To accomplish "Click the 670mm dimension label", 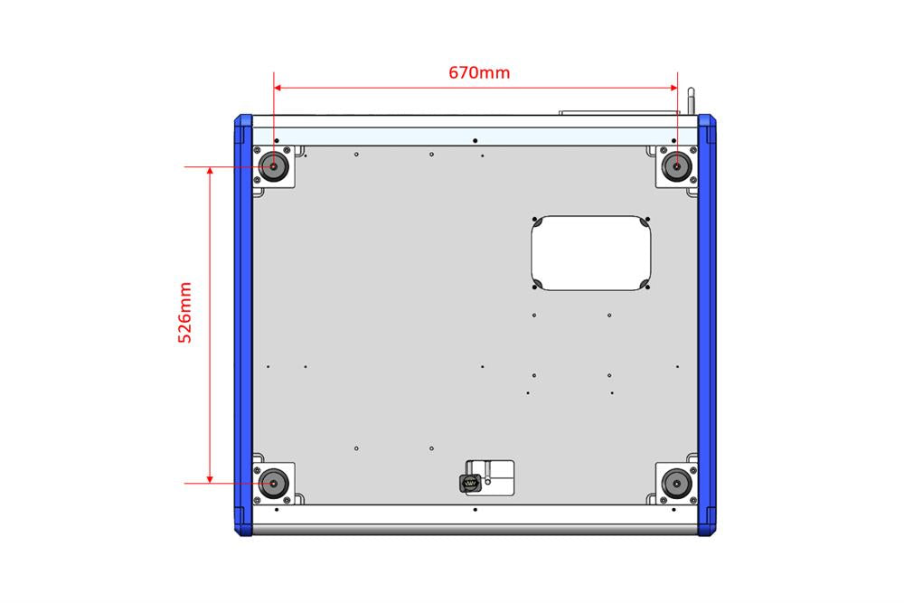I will click(479, 72).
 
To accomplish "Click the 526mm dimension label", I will click(184, 313).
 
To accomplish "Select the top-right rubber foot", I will click(675, 166).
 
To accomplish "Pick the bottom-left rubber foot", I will click(272, 484).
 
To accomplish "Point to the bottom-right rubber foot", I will click(675, 484).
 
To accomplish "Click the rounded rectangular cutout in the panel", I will click(590, 253).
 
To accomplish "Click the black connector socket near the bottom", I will click(470, 485).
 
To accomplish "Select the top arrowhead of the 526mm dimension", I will click(211, 173).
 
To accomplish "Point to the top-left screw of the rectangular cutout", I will click(537, 220).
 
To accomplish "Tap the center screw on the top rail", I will click(475, 140).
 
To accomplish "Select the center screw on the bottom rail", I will click(475, 509).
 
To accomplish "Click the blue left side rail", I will click(242, 325).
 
